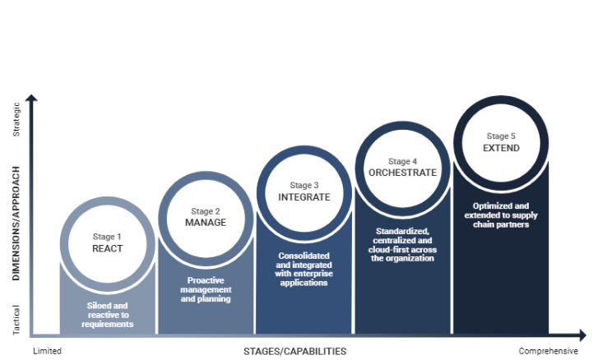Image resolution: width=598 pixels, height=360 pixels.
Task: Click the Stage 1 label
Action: pos(107,237)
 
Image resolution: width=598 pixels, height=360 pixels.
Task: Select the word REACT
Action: pos(107,248)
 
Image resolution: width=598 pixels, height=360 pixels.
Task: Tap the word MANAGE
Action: pos(206,223)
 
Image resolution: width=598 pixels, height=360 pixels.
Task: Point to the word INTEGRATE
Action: pos(304,197)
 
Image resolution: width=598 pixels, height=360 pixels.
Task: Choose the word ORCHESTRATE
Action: pos(402,173)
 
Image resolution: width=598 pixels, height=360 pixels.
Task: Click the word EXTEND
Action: pos(501,148)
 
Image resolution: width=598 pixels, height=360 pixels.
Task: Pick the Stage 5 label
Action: pos(501,136)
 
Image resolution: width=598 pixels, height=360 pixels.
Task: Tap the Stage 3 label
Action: pos(304,185)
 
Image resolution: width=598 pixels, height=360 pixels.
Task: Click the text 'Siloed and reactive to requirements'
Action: pos(108,315)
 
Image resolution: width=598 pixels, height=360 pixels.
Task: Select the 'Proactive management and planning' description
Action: pos(206,289)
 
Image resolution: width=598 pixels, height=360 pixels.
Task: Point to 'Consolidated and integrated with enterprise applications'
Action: pos(304,269)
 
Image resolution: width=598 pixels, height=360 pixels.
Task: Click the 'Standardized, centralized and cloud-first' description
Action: pos(402,245)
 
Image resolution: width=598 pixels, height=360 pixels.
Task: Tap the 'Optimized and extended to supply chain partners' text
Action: pos(501,215)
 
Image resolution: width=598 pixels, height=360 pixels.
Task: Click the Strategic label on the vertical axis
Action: pos(16,119)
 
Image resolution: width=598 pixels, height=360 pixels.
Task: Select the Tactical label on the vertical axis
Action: pos(16,320)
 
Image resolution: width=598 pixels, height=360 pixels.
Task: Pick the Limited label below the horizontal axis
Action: pos(47,351)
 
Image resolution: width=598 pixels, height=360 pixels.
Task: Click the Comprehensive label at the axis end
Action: pos(549,351)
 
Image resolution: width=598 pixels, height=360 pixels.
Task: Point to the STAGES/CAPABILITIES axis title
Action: pos(294,351)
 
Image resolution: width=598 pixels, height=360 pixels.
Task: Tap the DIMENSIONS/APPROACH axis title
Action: pos(16,224)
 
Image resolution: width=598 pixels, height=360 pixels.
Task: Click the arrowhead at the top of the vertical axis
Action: pos(31,98)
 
